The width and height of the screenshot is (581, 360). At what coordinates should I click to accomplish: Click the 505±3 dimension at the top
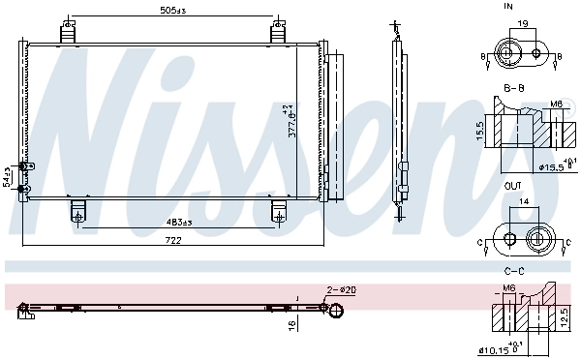tap(173, 12)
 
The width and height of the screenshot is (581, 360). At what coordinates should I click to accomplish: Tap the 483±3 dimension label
tap(177, 223)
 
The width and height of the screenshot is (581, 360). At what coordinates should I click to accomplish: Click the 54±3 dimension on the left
tap(7, 176)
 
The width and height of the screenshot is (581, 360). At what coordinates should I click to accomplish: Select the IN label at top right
tap(508, 6)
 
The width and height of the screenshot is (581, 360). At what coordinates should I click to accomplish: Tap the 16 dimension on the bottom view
tap(290, 326)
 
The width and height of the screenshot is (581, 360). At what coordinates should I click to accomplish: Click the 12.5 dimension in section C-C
tap(565, 317)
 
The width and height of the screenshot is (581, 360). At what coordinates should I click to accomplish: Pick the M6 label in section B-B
tap(556, 104)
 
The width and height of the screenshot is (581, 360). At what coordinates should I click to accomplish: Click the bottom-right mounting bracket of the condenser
tap(280, 209)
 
